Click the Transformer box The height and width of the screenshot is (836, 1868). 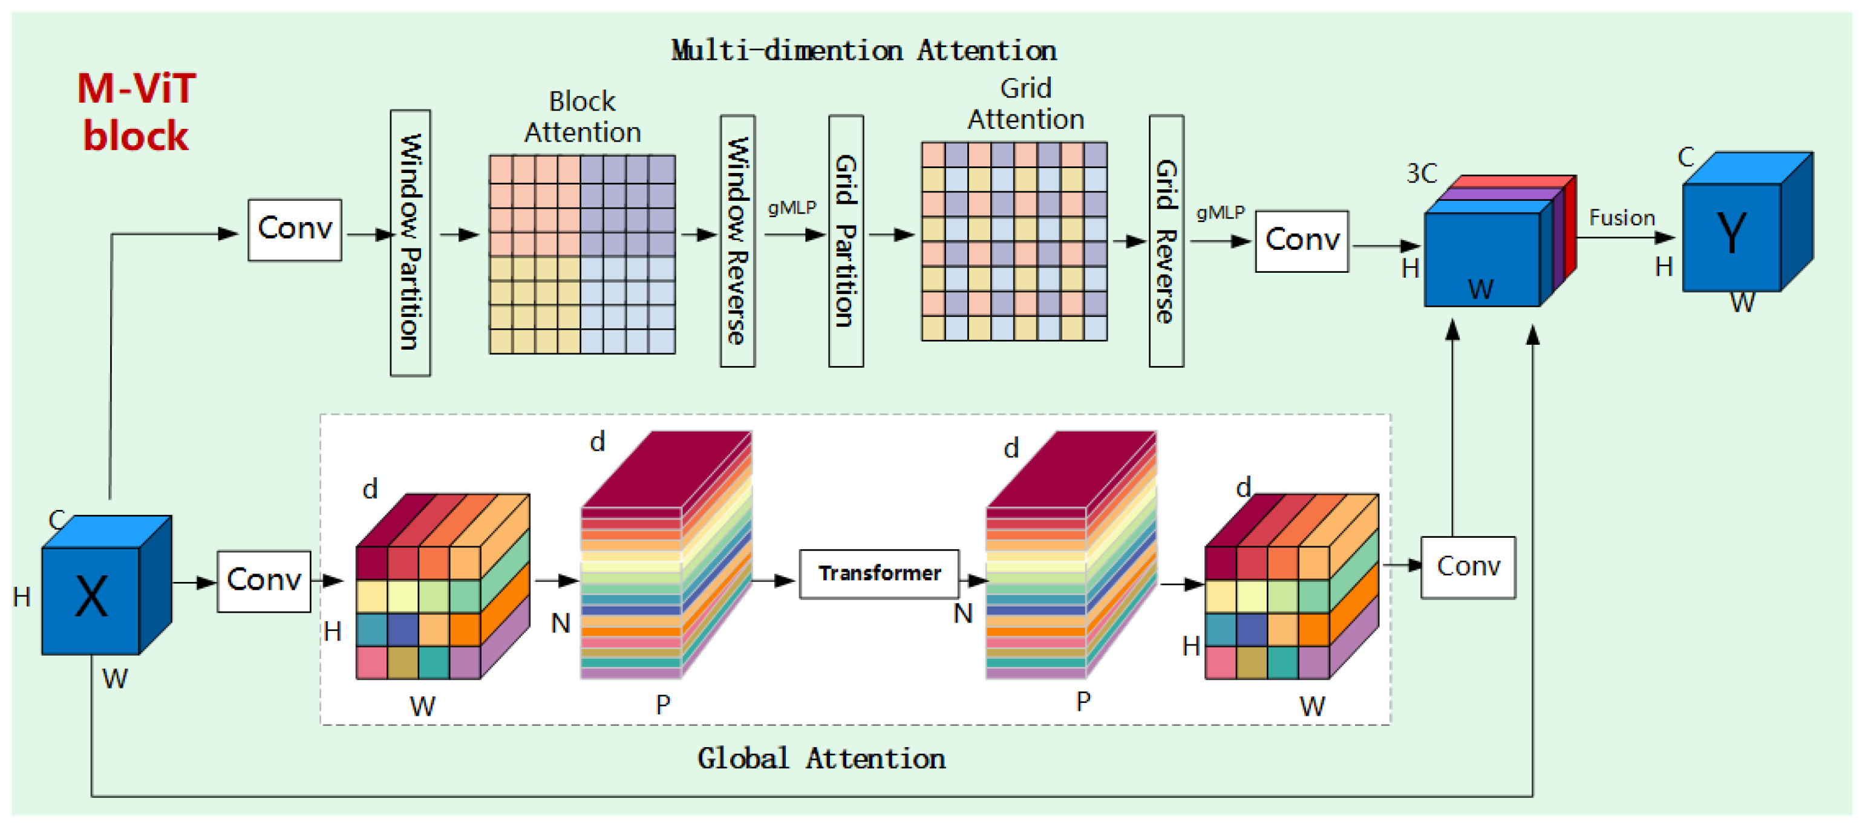[x=878, y=573]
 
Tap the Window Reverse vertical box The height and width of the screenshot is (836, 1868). [x=737, y=241]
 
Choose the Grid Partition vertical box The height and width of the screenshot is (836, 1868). [x=846, y=241]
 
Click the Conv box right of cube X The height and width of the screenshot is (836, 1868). [x=263, y=581]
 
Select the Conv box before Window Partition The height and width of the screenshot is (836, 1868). [x=295, y=229]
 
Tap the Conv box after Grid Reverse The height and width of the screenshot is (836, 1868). [x=1301, y=241]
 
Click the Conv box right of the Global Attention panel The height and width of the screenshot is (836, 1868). [x=1467, y=567]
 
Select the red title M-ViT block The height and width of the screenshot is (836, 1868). [x=136, y=113]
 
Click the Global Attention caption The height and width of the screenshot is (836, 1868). [x=821, y=759]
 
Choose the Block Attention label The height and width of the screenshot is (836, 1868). [x=583, y=117]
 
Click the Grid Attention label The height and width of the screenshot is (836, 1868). [x=1025, y=103]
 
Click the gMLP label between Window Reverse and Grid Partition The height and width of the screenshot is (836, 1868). [x=791, y=208]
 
